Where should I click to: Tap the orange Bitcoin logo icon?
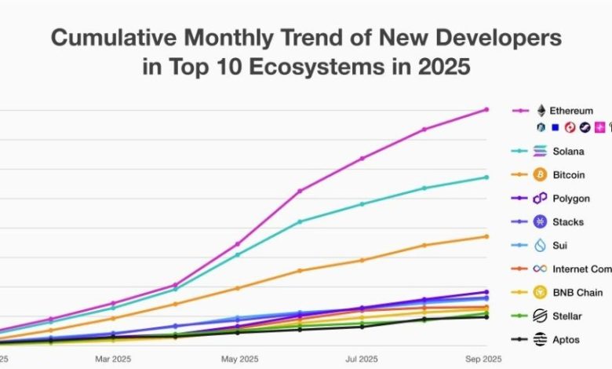540,174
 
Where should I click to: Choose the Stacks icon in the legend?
540,222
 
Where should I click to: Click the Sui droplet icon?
540,246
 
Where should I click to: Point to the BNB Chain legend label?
577,293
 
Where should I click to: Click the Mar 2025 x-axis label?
113,359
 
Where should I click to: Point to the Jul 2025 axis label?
362,359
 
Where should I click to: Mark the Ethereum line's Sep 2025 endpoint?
486,109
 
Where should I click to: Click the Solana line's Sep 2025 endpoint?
486,177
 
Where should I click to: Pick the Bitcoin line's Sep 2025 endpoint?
486,236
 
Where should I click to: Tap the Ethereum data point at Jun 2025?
300,191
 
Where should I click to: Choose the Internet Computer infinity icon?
540,269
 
